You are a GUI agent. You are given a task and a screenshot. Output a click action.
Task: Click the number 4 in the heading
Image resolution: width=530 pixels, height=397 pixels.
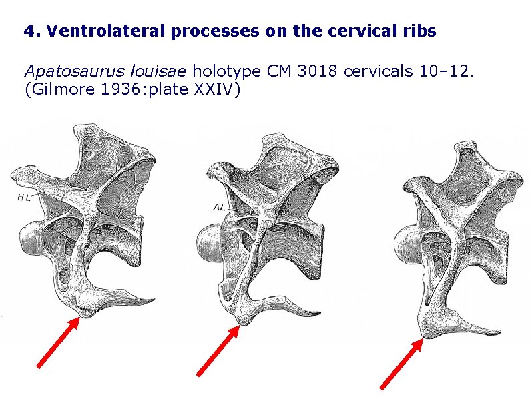click(28, 31)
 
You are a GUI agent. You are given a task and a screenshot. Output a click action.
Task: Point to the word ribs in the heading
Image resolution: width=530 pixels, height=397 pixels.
click(421, 31)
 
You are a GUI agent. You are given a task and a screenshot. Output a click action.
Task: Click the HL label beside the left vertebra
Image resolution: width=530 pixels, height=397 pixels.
click(24, 197)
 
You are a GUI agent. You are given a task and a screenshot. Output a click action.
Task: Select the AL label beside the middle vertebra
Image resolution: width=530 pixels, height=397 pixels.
click(219, 207)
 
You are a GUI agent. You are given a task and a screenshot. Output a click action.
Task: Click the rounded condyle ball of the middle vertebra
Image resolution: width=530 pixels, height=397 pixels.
click(208, 240)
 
